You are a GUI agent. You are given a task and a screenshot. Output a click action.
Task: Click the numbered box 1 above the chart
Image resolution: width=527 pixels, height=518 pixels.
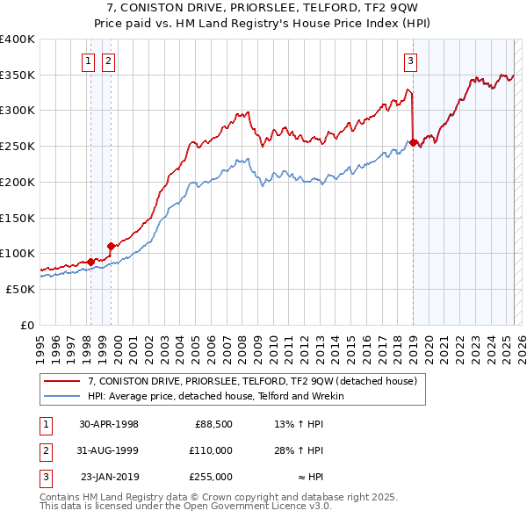click(x=90, y=61)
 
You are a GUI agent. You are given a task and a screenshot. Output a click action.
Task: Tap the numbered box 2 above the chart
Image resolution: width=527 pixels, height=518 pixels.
click(x=107, y=61)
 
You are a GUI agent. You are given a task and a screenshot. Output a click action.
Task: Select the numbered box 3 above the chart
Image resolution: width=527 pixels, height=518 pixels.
click(x=410, y=61)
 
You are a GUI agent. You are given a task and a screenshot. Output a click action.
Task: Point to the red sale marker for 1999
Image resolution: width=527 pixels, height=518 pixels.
click(x=111, y=246)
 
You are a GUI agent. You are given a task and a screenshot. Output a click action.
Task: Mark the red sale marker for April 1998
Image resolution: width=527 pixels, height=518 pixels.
click(x=90, y=261)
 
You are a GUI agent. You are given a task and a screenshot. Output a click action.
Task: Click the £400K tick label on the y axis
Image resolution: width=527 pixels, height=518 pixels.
click(x=17, y=40)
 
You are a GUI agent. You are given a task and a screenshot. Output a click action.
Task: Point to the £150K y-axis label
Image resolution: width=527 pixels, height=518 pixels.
click(x=17, y=217)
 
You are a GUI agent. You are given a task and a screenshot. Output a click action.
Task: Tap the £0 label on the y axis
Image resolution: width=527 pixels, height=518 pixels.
click(x=28, y=324)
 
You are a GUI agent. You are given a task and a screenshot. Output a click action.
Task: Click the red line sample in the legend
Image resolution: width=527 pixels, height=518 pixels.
click(x=62, y=381)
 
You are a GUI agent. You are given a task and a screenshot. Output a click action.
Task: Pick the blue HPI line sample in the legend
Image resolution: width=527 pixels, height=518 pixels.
click(x=62, y=396)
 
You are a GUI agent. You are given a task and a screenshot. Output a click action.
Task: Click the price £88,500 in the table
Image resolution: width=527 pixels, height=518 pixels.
click(x=213, y=424)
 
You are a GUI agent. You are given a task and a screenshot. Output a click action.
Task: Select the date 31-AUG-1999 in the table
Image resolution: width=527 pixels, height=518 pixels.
click(x=109, y=450)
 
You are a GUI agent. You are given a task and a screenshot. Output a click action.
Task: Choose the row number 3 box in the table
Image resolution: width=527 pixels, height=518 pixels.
click(x=45, y=477)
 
